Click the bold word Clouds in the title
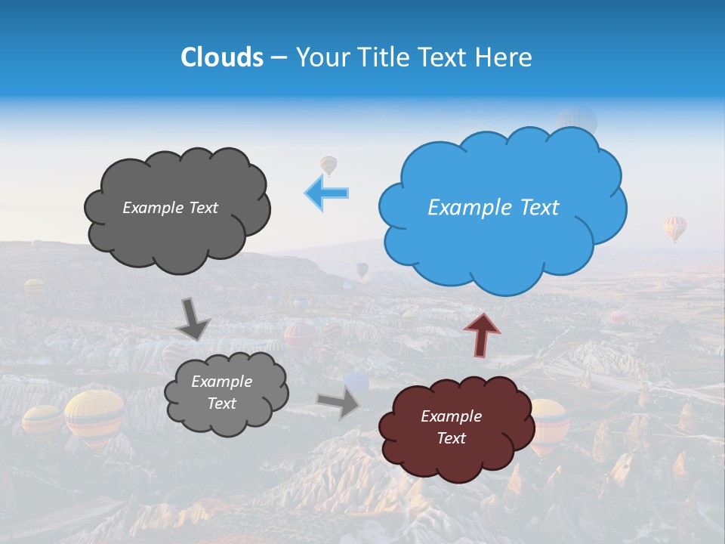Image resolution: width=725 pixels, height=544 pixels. [x=222, y=57]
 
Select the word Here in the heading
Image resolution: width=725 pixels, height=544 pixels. [x=504, y=57]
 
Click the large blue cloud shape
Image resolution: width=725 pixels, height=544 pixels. [x=502, y=242]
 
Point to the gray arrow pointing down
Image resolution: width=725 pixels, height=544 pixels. [x=193, y=319]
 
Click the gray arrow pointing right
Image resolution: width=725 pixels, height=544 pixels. [x=339, y=403]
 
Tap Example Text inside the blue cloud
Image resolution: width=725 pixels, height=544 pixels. [x=493, y=208]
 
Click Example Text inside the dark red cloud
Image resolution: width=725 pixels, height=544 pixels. [x=451, y=427]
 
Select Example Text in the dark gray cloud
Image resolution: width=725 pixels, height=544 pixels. [x=170, y=208]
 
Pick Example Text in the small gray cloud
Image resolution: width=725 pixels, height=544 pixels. [x=221, y=392]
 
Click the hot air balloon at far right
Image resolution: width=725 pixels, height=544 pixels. [x=675, y=227]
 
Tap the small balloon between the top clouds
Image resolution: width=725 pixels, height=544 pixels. [x=328, y=164]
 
